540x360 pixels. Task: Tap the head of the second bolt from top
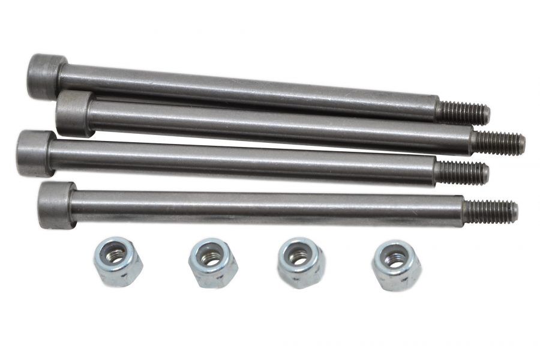(x=74, y=113)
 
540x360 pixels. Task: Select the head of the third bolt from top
(x=35, y=153)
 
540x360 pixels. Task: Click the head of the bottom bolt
(x=56, y=205)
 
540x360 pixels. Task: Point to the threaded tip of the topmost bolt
(x=463, y=112)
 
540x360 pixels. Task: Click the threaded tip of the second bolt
(x=498, y=143)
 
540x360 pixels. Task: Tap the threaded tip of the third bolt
(x=461, y=172)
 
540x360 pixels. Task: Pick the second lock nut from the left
(x=213, y=262)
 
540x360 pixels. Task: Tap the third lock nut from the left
(x=301, y=262)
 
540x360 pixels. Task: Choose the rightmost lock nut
(x=396, y=265)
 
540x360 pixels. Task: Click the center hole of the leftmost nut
(x=116, y=253)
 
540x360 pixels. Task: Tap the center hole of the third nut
(x=299, y=256)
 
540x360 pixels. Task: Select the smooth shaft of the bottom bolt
(x=264, y=208)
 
